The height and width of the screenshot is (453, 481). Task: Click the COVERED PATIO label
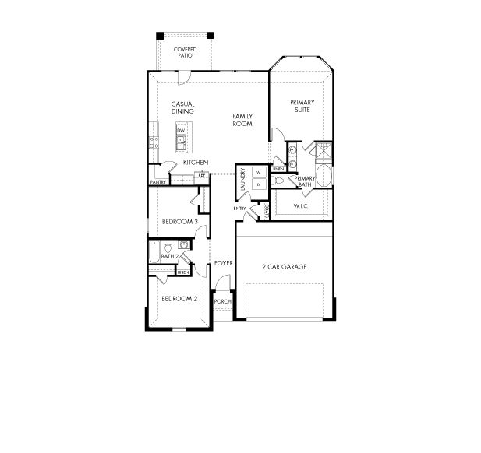click(185, 52)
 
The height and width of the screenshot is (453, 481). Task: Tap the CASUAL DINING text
click(182, 107)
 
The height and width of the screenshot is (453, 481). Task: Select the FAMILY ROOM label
click(242, 120)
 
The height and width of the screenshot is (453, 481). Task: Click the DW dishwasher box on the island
click(180, 130)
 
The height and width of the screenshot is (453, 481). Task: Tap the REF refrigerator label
click(201, 175)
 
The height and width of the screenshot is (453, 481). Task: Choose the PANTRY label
click(158, 182)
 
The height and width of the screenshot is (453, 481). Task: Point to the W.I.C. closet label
click(302, 205)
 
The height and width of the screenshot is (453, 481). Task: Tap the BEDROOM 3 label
click(180, 222)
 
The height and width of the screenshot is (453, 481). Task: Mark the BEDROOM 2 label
click(179, 298)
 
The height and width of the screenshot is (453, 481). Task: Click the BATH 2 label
click(170, 256)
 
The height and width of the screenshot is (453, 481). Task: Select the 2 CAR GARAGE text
click(284, 267)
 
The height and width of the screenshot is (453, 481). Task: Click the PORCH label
click(223, 301)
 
